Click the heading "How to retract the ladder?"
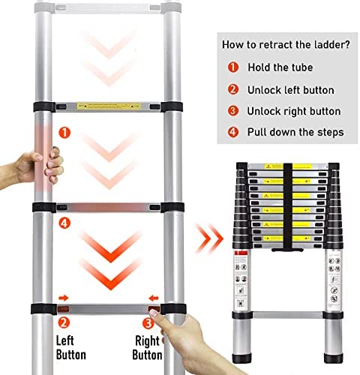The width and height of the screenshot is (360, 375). click(285, 44)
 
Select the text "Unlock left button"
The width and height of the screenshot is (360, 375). click(292, 90)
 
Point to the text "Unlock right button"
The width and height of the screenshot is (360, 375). click(295, 111)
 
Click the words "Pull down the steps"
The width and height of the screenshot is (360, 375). click(297, 132)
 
